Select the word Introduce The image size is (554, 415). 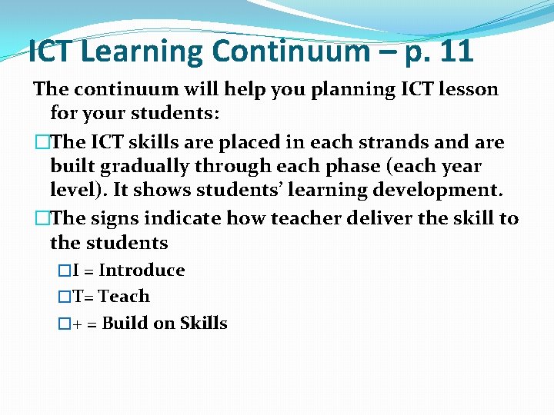142,271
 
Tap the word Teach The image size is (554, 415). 124,297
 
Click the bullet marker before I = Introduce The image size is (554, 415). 65,271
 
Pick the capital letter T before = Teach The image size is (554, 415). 78,297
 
